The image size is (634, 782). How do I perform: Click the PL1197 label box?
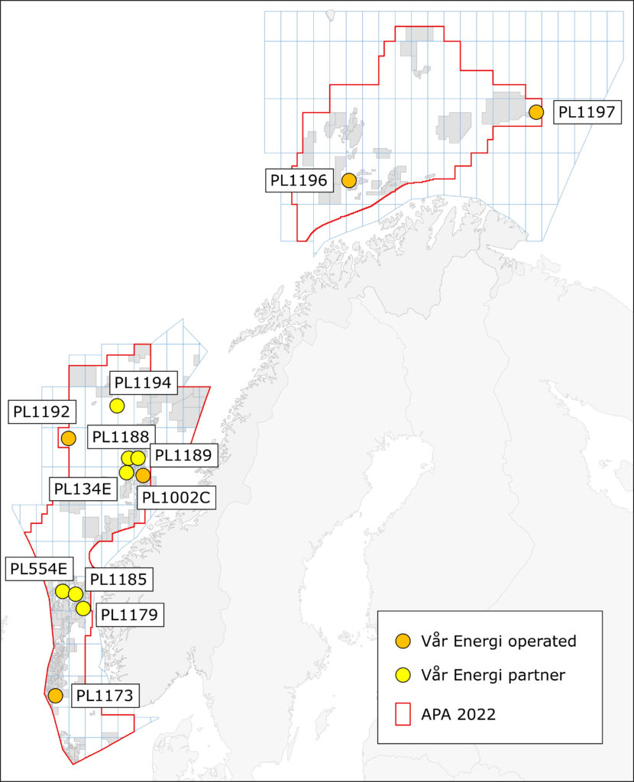coord(585,112)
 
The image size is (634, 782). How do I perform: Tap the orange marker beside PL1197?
coord(536,112)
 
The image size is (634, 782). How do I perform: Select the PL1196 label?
coord(299,181)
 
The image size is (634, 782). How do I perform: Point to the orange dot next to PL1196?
coord(348,181)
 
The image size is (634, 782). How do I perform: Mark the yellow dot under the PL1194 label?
coord(117,405)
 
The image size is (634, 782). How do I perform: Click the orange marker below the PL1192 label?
coord(68,438)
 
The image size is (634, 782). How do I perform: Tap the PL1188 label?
coord(120,438)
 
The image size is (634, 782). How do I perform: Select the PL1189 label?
coord(183,455)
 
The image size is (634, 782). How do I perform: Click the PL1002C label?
coord(176,499)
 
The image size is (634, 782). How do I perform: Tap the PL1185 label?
coord(118,579)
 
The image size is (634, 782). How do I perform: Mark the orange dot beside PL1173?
coord(55,696)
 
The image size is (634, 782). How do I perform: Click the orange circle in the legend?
coord(405,641)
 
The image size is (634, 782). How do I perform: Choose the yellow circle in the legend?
coord(405,675)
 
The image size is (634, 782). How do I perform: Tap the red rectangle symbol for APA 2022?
coord(405,715)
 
